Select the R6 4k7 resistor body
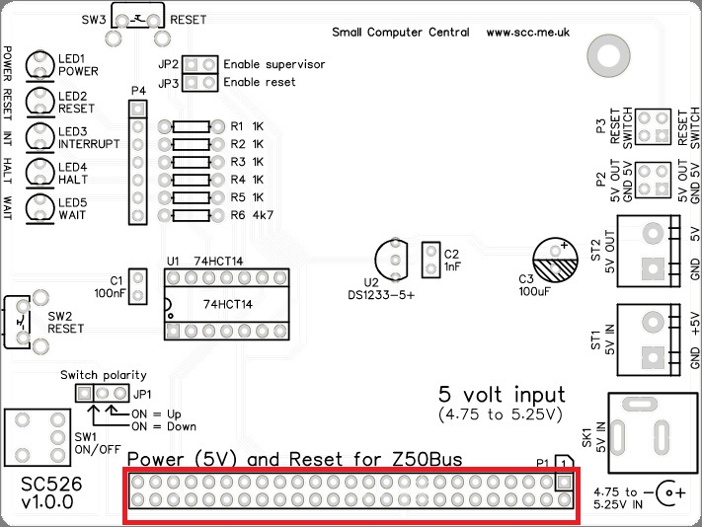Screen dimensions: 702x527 [192, 215]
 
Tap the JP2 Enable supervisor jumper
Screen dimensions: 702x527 [199, 65]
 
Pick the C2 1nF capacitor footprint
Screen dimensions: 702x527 [431, 260]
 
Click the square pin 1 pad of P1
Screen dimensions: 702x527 [564, 482]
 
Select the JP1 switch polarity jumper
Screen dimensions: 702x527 [102, 393]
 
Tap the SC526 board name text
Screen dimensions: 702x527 [51, 484]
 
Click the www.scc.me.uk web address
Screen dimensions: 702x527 [528, 33]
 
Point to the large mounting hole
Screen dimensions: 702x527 [608, 56]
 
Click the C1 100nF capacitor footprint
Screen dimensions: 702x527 [138, 287]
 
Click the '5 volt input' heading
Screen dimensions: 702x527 [502, 395]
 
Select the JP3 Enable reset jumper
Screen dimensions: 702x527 [199, 83]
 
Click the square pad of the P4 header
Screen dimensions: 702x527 [138, 109]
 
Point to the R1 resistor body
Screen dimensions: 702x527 [192, 126]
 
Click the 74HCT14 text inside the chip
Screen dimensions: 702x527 [227, 304]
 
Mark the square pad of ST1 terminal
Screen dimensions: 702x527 [653, 357]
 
